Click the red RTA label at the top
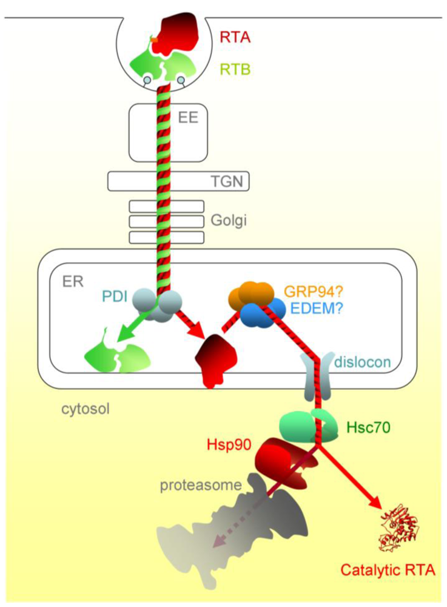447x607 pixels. point(235,38)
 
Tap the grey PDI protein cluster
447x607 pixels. point(163,304)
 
